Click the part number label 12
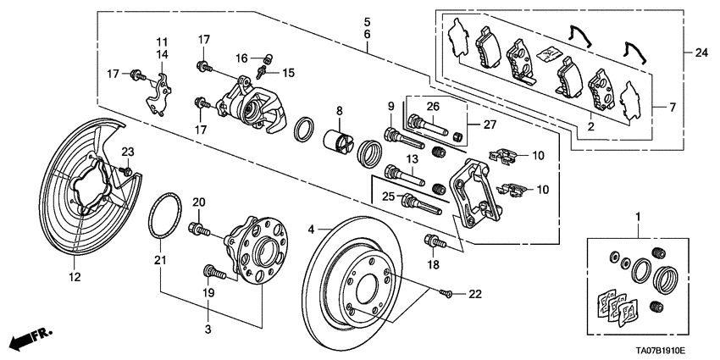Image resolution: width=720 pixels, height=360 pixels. coord(75,276)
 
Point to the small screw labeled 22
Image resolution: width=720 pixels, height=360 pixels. coord(448,293)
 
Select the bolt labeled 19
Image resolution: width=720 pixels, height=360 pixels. coord(213,272)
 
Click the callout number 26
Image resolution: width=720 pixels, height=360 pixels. coord(433,106)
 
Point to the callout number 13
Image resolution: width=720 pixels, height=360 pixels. coord(413,159)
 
